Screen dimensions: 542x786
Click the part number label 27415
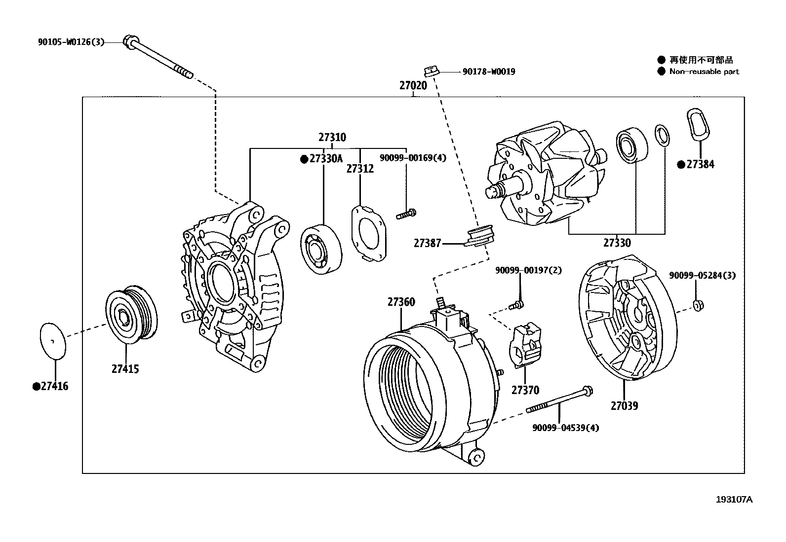click(125, 368)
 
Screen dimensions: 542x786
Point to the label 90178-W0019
click(488, 72)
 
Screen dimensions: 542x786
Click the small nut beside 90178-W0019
click(431, 71)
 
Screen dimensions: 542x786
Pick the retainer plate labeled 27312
click(369, 233)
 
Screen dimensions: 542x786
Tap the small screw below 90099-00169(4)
click(406, 214)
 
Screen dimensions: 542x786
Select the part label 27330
click(617, 243)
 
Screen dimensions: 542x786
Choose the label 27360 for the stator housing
click(401, 302)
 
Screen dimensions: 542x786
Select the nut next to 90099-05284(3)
click(698, 305)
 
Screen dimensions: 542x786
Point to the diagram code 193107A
click(734, 499)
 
